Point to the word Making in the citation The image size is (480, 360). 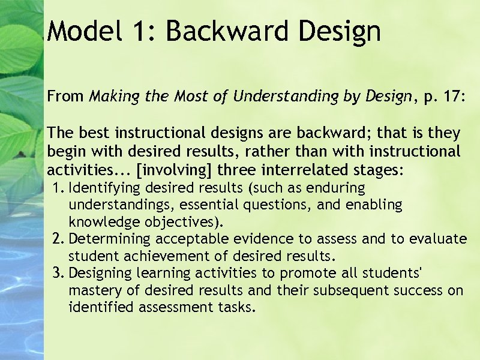click(111, 97)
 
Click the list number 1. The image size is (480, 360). click(56, 188)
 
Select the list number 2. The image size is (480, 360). click(56, 239)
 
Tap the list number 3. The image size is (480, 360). click(56, 274)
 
